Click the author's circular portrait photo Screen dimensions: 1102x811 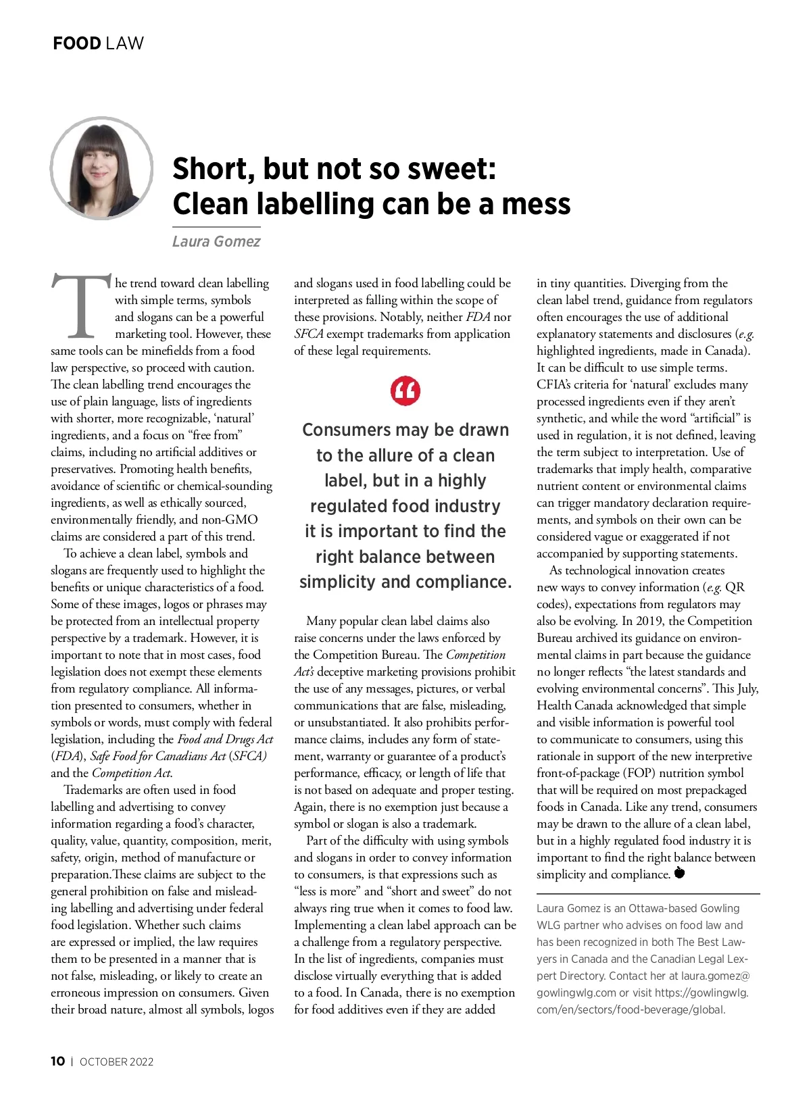point(101,168)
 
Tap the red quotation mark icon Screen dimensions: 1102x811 point(405,391)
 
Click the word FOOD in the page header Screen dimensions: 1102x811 point(76,43)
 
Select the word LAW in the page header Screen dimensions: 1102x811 point(125,43)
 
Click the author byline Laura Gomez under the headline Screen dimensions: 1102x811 point(216,241)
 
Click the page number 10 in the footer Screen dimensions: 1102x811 point(58,1061)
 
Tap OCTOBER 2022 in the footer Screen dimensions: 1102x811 point(116,1061)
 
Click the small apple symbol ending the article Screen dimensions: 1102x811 point(680,873)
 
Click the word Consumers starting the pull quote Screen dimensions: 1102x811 point(347,430)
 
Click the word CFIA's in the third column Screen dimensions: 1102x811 point(554,384)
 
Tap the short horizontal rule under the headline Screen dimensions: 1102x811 point(216,226)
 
